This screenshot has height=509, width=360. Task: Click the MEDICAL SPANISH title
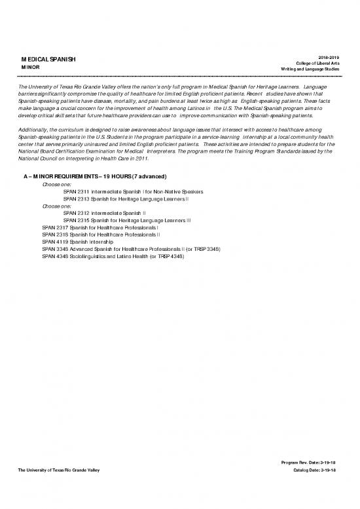(x=49, y=60)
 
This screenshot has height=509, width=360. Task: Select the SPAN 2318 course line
(x=101, y=235)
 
